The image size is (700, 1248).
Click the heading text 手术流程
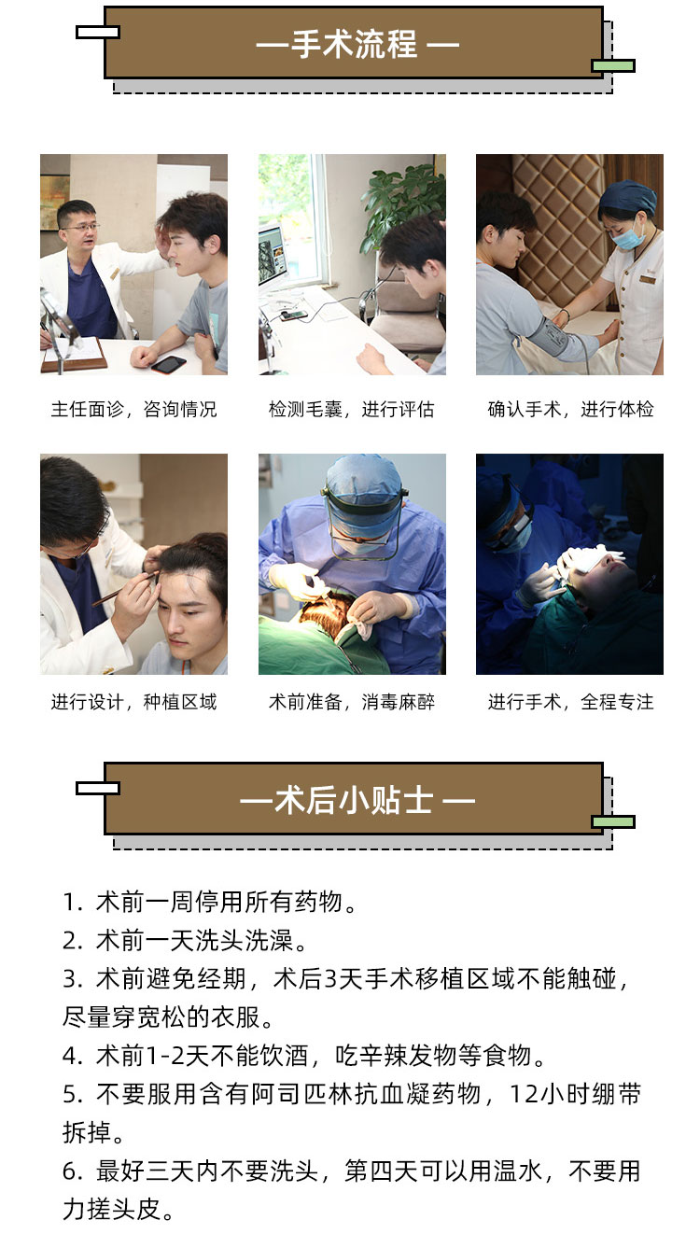point(354,44)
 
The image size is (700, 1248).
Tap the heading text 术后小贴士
point(354,801)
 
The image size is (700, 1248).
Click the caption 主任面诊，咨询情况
point(133,410)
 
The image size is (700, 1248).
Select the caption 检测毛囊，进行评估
point(351,410)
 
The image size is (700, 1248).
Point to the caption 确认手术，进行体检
point(570,410)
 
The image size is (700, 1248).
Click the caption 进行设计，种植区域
point(133,702)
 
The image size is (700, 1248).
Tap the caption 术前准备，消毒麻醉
point(351,702)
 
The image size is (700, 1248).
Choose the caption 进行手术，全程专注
point(570,702)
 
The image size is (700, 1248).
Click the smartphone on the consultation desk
point(168,364)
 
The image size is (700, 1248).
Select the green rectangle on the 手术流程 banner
point(613,65)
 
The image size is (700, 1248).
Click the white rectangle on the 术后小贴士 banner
point(98,788)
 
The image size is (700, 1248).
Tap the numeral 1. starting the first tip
point(73,902)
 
